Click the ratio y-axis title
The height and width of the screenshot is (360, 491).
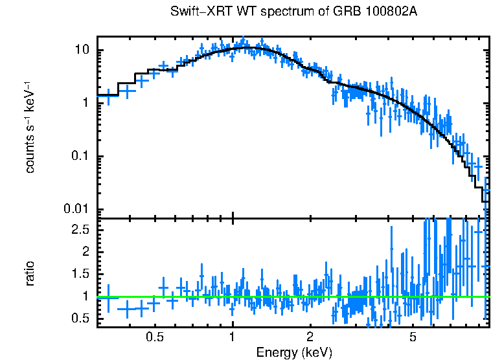click(x=30, y=273)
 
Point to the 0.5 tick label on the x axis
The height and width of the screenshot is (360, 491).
click(x=154, y=338)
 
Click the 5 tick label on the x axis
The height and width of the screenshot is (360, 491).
click(x=413, y=338)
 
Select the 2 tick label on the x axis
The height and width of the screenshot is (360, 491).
click(x=310, y=338)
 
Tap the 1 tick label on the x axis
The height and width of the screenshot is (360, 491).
click(x=232, y=338)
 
